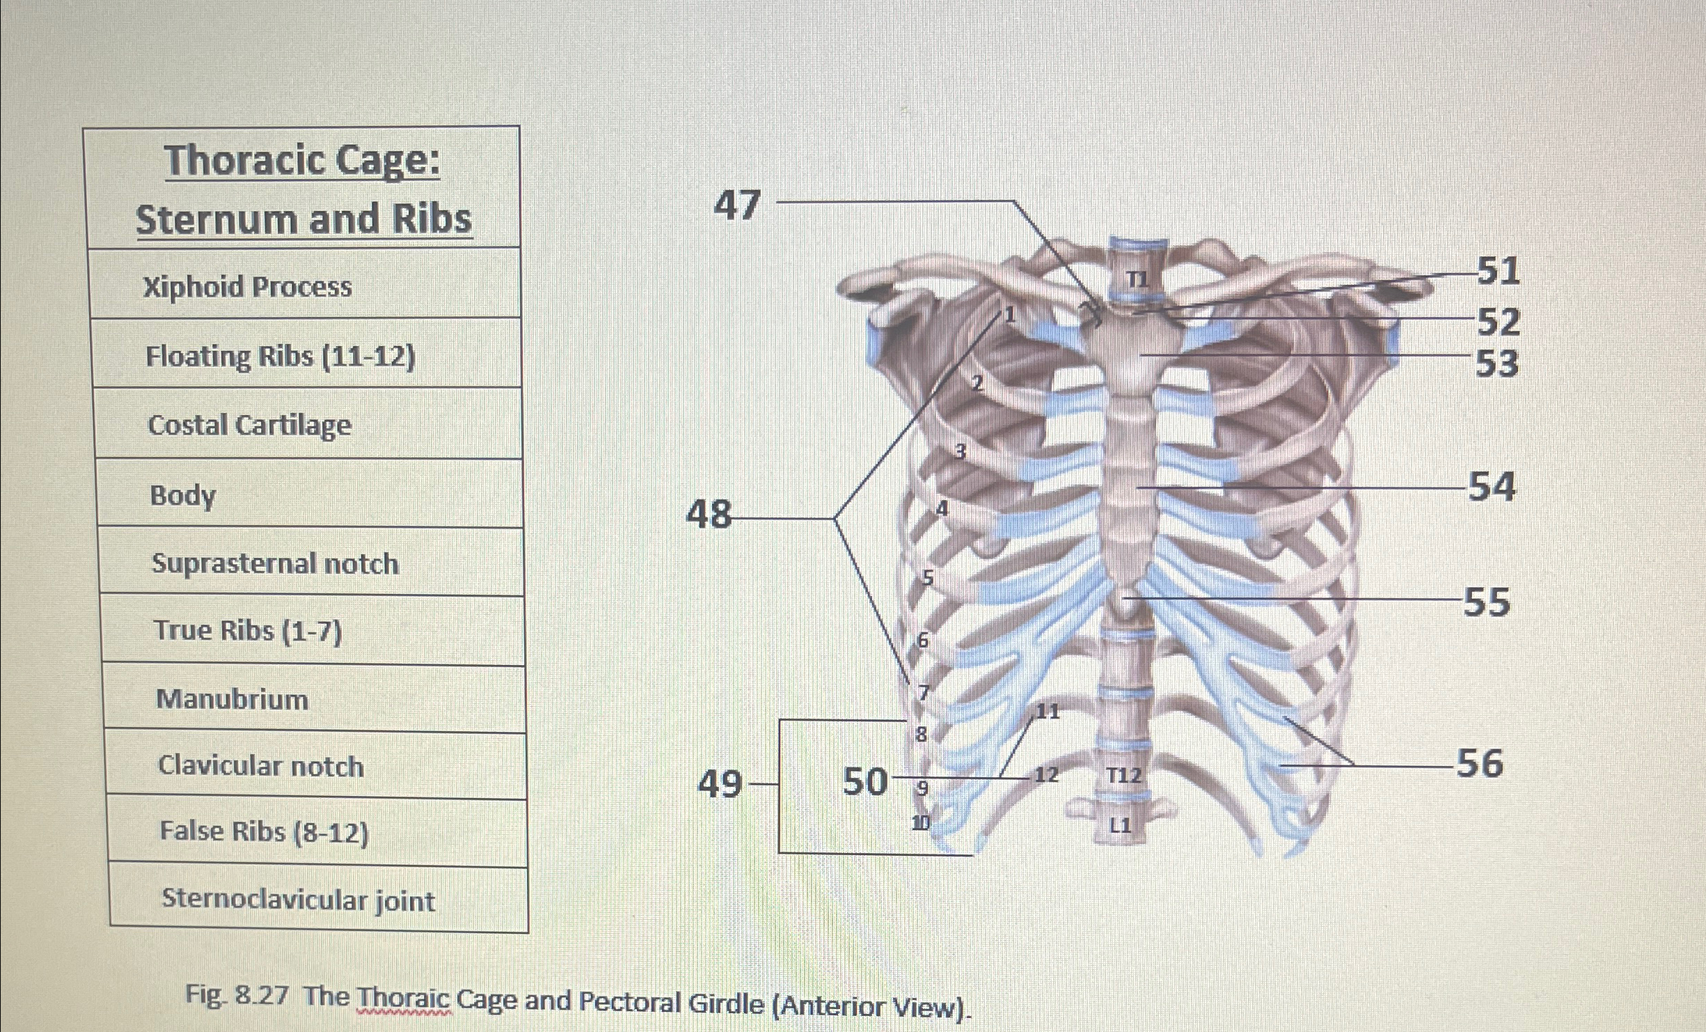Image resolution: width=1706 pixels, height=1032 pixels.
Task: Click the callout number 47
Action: pyautogui.click(x=738, y=205)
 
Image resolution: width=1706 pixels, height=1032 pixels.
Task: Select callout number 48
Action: pyautogui.click(x=709, y=516)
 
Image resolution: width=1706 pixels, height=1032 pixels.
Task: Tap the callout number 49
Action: pyautogui.click(x=720, y=785)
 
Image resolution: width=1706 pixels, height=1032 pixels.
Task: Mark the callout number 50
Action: pyautogui.click(x=866, y=781)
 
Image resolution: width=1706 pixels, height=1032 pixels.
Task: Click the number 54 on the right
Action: pyautogui.click(x=1491, y=486)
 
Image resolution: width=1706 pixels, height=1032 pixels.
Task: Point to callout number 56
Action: pyautogui.click(x=1479, y=763)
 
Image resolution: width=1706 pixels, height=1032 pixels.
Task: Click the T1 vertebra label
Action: pyautogui.click(x=1137, y=280)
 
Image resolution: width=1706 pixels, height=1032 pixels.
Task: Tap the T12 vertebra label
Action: pyautogui.click(x=1123, y=775)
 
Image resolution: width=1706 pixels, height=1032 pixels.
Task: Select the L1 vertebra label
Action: pyautogui.click(x=1121, y=826)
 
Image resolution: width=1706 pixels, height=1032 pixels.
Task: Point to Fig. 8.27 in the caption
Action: pyautogui.click(x=237, y=996)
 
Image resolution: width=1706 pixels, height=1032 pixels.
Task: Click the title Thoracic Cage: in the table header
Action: pyautogui.click(x=303, y=162)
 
